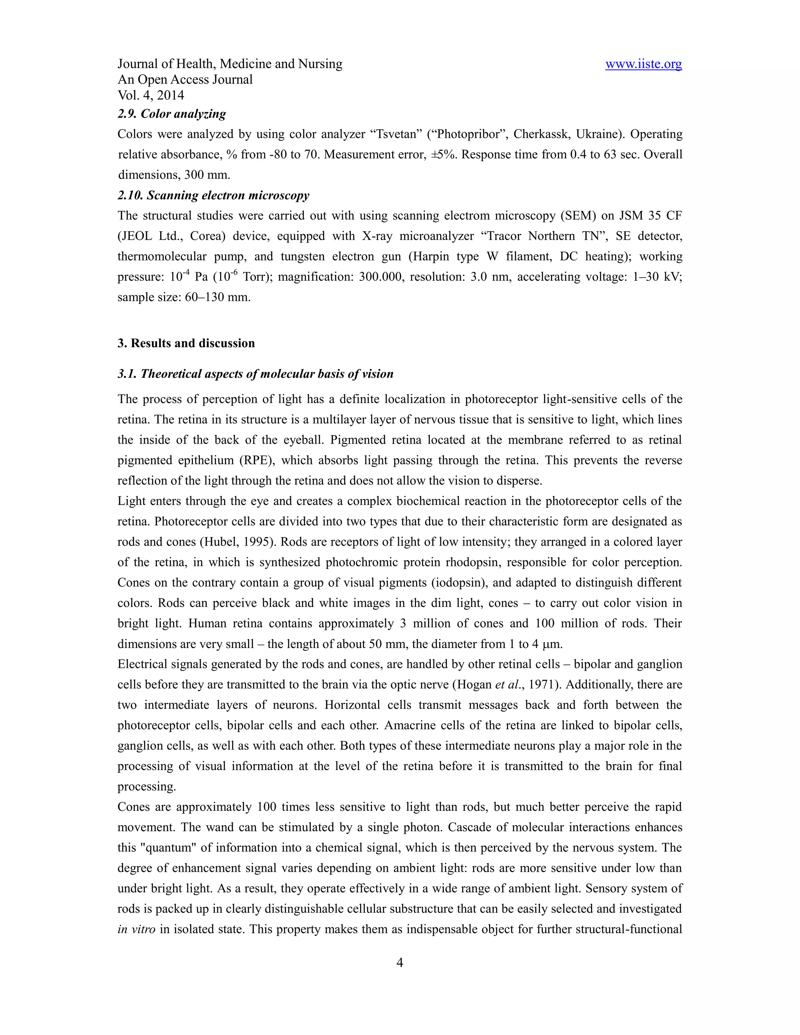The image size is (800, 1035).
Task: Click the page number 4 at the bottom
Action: pos(400,962)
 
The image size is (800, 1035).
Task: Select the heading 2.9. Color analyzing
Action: pos(171,114)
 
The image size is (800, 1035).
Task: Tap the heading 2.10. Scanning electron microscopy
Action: pos(213,195)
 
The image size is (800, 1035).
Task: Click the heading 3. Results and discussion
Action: pos(186,343)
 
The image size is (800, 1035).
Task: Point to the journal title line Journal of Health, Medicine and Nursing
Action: pos(230,64)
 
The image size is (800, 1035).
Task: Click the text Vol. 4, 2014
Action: pos(151,95)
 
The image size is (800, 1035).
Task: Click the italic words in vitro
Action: pos(136,929)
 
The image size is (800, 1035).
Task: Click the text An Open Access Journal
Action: pos(185,80)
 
